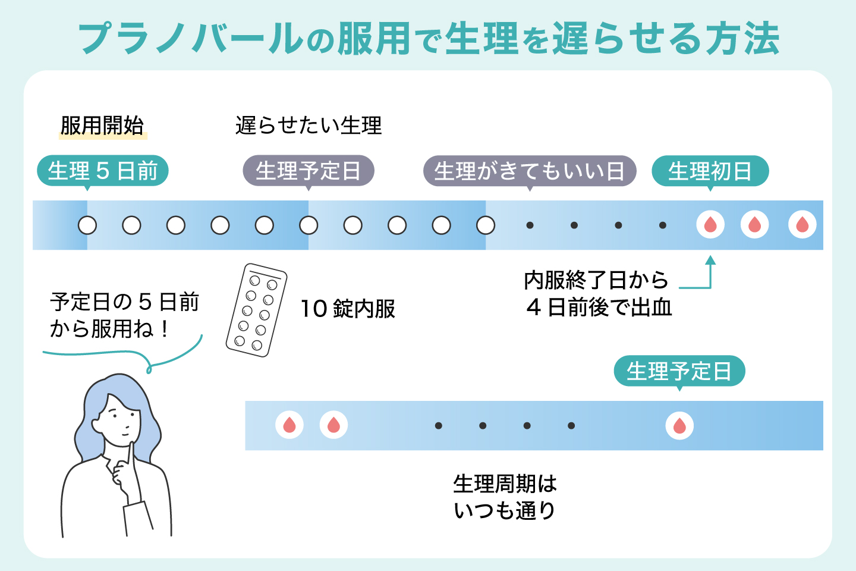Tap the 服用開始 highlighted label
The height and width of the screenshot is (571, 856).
[x=102, y=126]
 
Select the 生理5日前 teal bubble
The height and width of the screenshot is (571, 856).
[x=102, y=171]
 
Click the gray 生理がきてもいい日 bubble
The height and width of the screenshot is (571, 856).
[x=529, y=171]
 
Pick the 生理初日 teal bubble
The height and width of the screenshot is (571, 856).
[x=710, y=171]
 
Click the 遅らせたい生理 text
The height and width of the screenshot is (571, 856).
[x=309, y=126]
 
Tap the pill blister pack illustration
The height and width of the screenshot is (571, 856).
[x=256, y=310]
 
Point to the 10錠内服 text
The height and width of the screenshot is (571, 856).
[x=348, y=309]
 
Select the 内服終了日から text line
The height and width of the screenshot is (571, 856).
[x=596, y=280]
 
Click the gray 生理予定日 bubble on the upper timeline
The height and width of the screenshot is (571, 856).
[x=308, y=171]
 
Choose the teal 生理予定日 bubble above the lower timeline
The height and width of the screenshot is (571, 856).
[x=679, y=371]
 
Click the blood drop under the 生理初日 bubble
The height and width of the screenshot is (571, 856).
[x=710, y=225]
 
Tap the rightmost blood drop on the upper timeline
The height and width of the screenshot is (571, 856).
[x=802, y=225]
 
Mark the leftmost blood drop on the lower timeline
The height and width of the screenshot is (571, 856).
[x=289, y=425]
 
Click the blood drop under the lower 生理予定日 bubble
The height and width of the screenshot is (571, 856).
[x=679, y=426]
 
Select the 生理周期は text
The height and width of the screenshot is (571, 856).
[x=505, y=484]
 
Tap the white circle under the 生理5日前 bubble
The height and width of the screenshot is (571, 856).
[x=87, y=225]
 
